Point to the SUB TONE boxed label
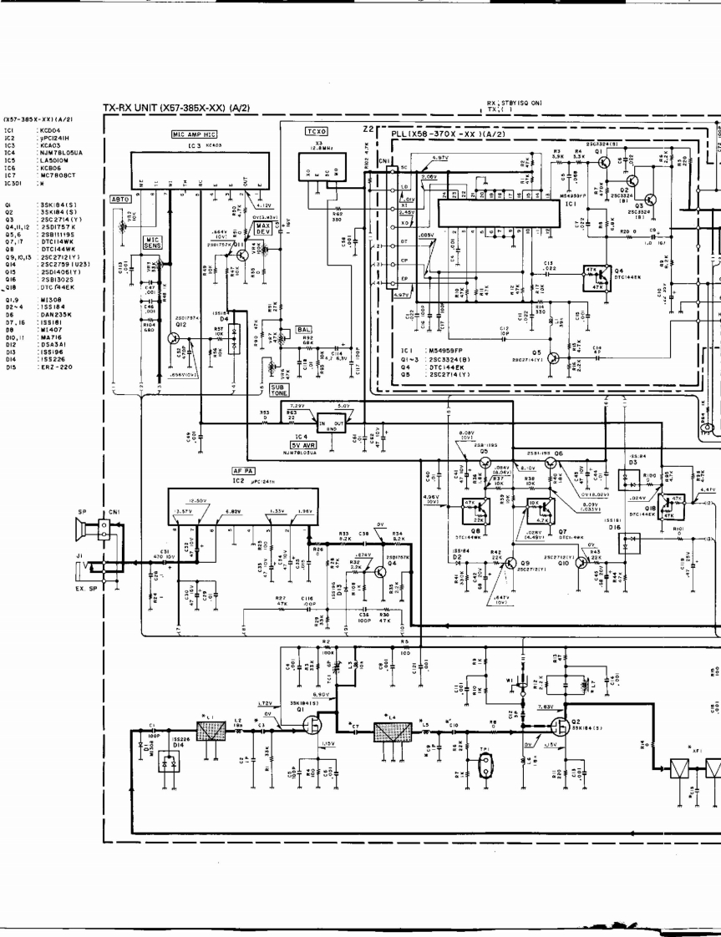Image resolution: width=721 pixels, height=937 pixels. click(x=282, y=391)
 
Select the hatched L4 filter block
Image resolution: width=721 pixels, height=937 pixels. click(x=391, y=733)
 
